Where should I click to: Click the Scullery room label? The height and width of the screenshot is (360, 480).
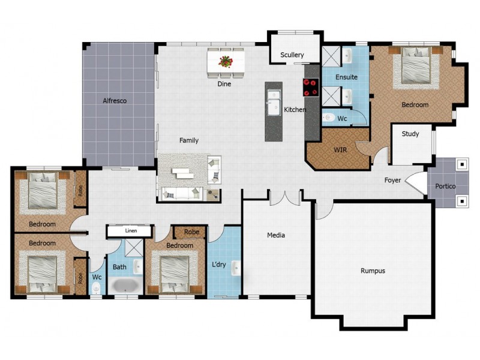pyautogui.click(x=292, y=55)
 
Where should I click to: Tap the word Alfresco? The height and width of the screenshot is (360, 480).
pyautogui.click(x=115, y=101)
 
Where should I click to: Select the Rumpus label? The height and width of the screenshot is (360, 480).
pyautogui.click(x=373, y=271)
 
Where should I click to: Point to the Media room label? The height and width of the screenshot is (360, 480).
pyautogui.click(x=276, y=235)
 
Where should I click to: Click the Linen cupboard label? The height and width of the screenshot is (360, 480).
pyautogui.click(x=131, y=231)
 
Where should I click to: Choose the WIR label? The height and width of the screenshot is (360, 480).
pyautogui.click(x=340, y=150)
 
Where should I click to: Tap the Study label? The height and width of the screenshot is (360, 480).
pyautogui.click(x=410, y=134)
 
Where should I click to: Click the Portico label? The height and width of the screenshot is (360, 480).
pyautogui.click(x=445, y=186)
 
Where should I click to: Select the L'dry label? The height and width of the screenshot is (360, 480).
pyautogui.click(x=218, y=264)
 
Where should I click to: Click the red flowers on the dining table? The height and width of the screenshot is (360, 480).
pyautogui.click(x=226, y=61)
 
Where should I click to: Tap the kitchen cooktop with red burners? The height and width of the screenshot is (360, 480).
pyautogui.click(x=311, y=87)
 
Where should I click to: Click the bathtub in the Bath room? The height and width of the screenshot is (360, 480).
pyautogui.click(x=125, y=286)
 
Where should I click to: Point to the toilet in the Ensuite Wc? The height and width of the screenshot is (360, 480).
pyautogui.click(x=328, y=117)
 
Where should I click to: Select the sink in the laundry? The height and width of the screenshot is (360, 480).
pyautogui.click(x=236, y=268)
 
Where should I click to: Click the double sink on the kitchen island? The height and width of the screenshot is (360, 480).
pyautogui.click(x=274, y=103)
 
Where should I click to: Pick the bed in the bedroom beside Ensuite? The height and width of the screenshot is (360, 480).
pyautogui.click(x=415, y=65)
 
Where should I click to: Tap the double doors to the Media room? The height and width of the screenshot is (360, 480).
pyautogui.click(x=284, y=198)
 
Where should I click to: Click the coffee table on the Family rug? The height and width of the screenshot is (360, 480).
pyautogui.click(x=182, y=173)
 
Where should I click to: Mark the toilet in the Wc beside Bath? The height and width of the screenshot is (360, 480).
pyautogui.click(x=96, y=288)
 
